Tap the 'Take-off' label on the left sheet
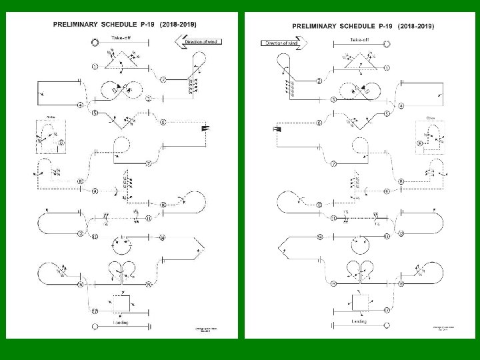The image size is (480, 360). click(121, 38)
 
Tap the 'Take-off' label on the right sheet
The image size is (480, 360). click(359, 39)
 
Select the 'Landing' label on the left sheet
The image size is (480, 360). click(120, 323)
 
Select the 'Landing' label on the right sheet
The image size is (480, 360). click(359, 321)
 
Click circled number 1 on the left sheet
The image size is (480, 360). click(95, 67)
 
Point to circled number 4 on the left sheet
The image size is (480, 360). click(80, 105)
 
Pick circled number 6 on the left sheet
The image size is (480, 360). click(163, 122)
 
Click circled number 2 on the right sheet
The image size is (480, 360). click(319, 81)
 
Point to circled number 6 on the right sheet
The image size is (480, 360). click(319, 123)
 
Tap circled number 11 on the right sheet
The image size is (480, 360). click(333, 218)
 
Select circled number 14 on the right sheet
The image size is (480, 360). click(319, 237)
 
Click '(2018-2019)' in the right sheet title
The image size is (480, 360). click(416, 26)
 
